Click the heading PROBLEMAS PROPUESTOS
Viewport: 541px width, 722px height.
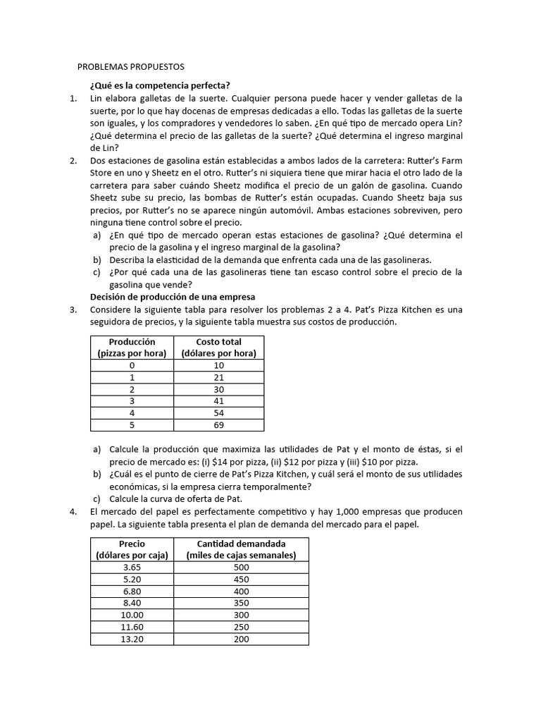coord(130,67)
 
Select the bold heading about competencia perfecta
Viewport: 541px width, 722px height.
coord(160,85)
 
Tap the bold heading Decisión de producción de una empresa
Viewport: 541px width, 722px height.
coord(173,297)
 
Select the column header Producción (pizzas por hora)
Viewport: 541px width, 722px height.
coord(132,348)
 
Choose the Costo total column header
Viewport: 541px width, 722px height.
coord(218,348)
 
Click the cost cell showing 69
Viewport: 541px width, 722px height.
coord(218,425)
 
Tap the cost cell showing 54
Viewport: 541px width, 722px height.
coord(218,412)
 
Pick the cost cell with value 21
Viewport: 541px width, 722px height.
coord(218,378)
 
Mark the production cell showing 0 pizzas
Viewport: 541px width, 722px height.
coord(132,365)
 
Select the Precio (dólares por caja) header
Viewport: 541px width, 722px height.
coord(132,549)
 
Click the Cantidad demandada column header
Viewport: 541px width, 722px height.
coord(242,549)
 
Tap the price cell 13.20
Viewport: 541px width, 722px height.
coord(132,639)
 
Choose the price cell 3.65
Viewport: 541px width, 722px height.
coord(132,567)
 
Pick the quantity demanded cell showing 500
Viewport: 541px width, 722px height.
coord(242,567)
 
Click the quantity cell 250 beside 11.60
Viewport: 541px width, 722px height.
coord(242,627)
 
